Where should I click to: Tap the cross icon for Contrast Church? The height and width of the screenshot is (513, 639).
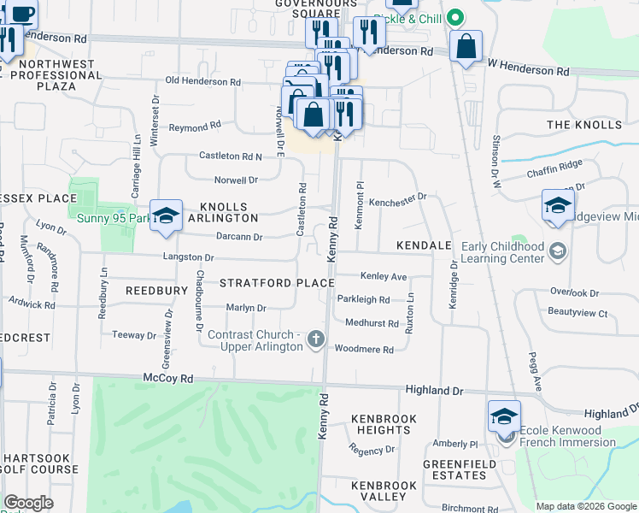[316, 340]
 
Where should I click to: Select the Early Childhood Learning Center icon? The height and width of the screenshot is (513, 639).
[558, 251]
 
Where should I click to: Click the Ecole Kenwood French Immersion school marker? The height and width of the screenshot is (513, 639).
[504, 417]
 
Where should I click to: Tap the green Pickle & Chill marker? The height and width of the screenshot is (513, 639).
[455, 18]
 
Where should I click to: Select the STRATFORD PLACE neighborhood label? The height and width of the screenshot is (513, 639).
[277, 282]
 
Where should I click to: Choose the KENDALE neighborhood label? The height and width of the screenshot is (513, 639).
[423, 245]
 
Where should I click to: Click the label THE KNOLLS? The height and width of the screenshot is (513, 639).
[584, 125]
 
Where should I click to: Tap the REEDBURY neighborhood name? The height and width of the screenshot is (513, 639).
[156, 291]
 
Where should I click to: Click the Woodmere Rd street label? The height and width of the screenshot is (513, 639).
[364, 350]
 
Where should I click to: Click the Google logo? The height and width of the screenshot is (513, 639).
[29, 503]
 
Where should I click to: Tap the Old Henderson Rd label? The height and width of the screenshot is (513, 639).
[203, 81]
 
